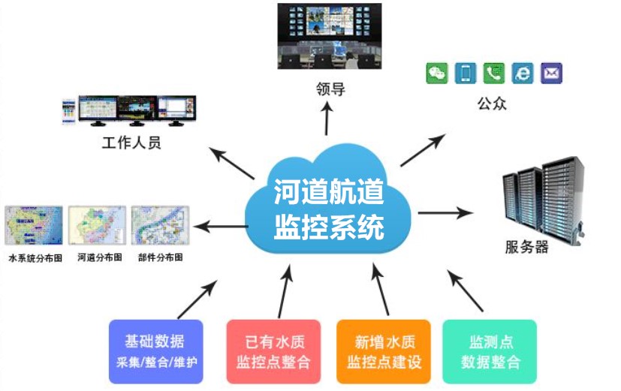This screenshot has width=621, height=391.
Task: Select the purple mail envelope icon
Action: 551,73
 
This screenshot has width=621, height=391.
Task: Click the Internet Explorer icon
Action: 523,73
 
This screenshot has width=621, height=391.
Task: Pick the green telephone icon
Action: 494,73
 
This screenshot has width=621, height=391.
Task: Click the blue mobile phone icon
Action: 466,73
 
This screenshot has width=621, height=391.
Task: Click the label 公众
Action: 492,104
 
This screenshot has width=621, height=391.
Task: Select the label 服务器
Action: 526,246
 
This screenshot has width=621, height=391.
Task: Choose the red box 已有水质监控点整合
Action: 273,351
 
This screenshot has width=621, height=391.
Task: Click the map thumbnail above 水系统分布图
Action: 34,225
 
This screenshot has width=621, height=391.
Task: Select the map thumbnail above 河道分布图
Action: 97,225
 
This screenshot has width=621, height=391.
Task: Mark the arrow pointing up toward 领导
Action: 327,118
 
